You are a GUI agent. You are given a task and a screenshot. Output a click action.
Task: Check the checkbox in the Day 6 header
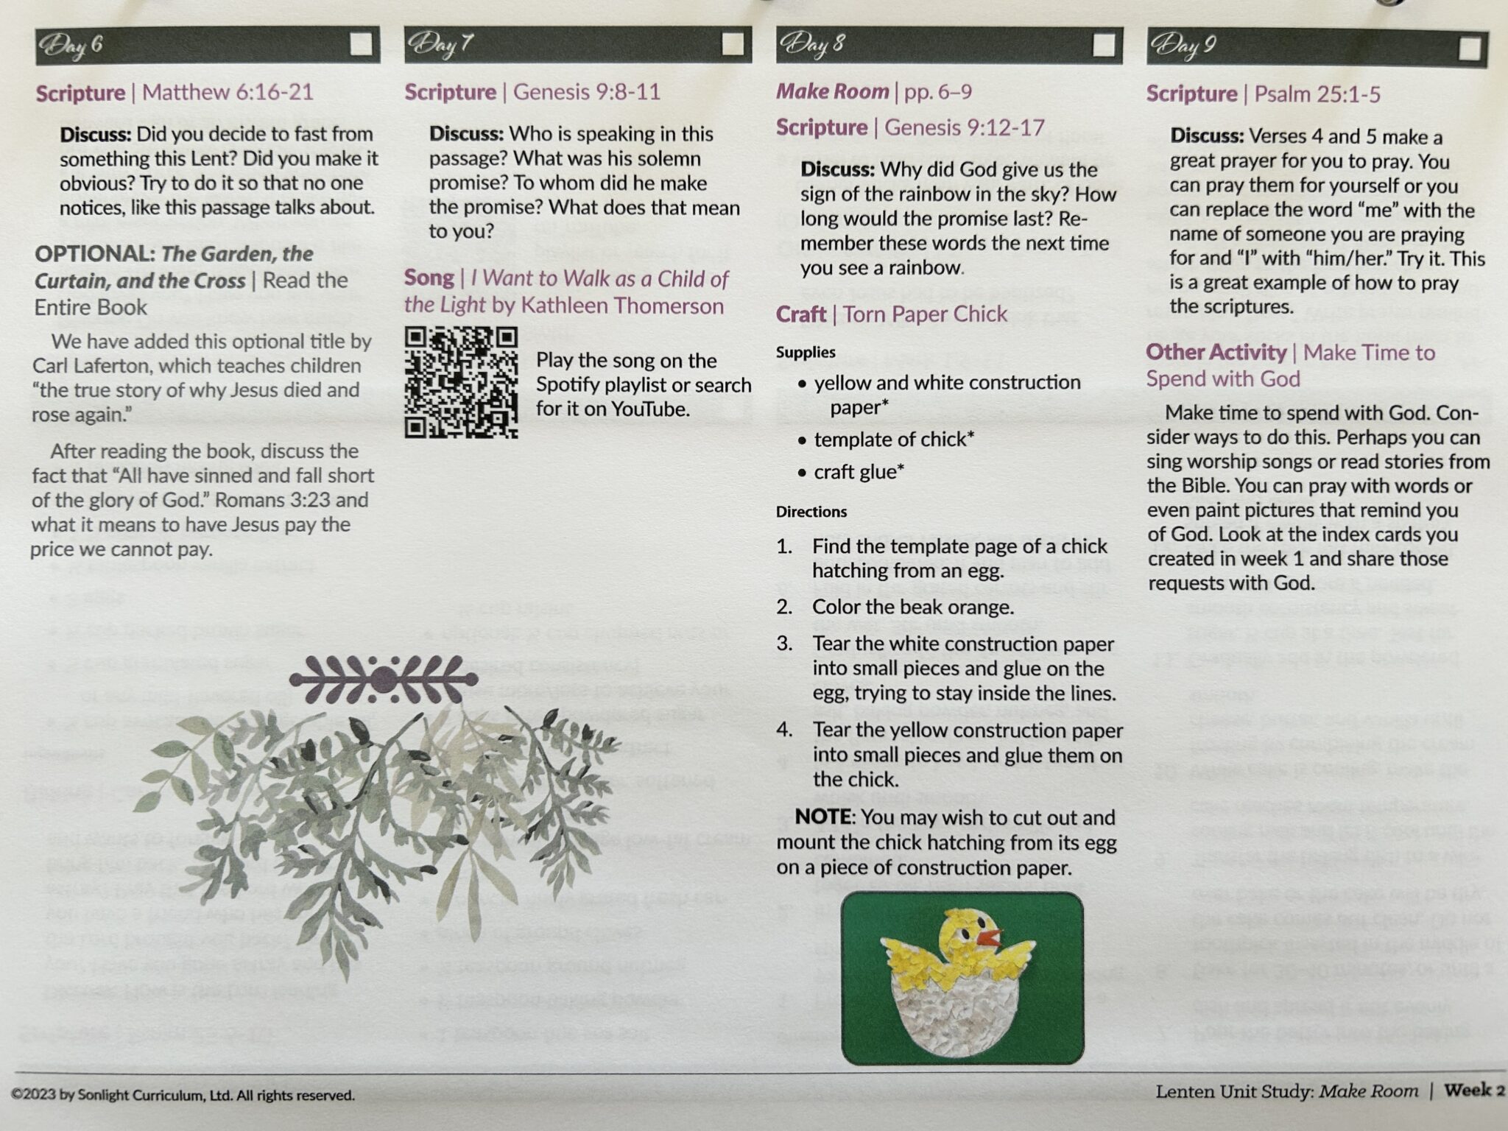click(361, 45)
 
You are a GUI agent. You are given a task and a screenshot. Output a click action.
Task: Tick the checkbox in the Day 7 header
click(732, 45)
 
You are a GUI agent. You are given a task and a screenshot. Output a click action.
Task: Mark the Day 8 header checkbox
click(1103, 46)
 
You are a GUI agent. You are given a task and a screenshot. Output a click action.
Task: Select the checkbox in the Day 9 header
click(1469, 49)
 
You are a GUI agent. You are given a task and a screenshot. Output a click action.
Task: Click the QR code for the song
click(461, 383)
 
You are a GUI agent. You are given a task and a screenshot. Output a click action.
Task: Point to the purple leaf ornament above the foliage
click(383, 678)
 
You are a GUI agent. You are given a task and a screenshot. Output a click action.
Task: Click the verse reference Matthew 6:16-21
click(228, 92)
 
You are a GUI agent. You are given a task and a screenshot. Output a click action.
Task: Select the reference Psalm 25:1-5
click(1317, 94)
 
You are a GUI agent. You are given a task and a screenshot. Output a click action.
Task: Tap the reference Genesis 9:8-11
click(586, 92)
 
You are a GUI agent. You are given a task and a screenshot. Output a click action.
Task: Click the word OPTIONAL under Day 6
click(93, 254)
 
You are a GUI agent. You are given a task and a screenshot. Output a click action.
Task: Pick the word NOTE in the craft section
click(822, 817)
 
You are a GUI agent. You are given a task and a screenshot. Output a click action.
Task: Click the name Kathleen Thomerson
click(622, 306)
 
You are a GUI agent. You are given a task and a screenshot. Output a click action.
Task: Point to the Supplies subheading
click(806, 353)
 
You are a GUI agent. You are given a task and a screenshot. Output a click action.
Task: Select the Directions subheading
click(811, 512)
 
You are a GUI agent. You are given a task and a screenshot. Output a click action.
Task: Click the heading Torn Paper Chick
click(925, 314)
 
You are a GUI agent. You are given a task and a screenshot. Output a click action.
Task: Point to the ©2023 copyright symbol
click(17, 1096)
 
